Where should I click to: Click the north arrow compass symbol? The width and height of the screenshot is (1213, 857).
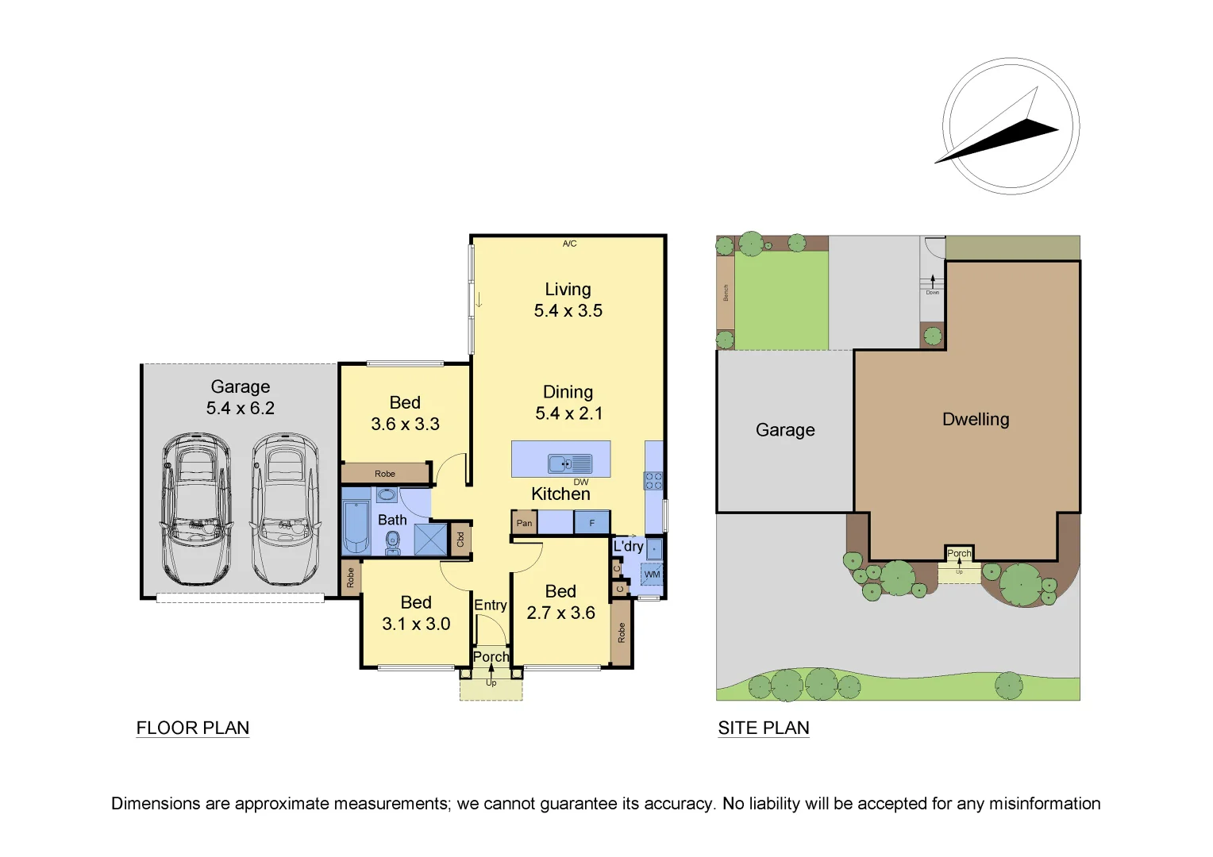coord(1011,126)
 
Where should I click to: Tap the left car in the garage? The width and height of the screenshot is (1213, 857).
coord(196,509)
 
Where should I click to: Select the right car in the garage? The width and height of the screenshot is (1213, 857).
coord(285,509)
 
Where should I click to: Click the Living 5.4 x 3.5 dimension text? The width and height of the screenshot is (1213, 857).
coord(568,301)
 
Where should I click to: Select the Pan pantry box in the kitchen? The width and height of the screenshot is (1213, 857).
coord(524,523)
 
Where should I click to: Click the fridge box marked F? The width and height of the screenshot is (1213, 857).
coord(591,523)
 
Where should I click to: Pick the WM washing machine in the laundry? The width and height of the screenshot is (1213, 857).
coord(652,574)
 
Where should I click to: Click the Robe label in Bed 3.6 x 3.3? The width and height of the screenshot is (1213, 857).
coord(385,474)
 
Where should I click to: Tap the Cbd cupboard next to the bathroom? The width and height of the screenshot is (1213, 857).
coord(460,540)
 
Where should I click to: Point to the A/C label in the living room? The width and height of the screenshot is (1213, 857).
coord(569,244)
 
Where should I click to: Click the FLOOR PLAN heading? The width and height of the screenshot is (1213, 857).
coord(193,728)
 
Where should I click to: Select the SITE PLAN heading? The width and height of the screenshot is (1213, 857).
coord(764,728)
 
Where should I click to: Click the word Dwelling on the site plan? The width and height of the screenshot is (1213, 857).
coord(976,419)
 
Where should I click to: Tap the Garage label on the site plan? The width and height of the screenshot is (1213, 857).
coord(785,429)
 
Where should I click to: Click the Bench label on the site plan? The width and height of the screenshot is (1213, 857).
coord(725,293)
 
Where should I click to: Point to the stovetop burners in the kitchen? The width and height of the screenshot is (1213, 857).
coord(653,480)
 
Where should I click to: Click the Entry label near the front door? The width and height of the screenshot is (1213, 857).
coord(490,605)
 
